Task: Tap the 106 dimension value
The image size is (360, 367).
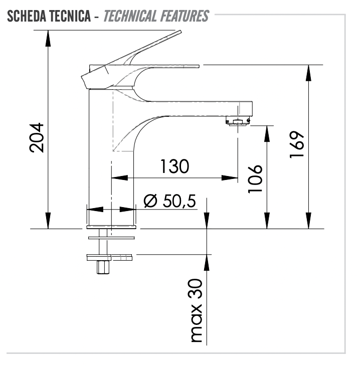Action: pos(256,178)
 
